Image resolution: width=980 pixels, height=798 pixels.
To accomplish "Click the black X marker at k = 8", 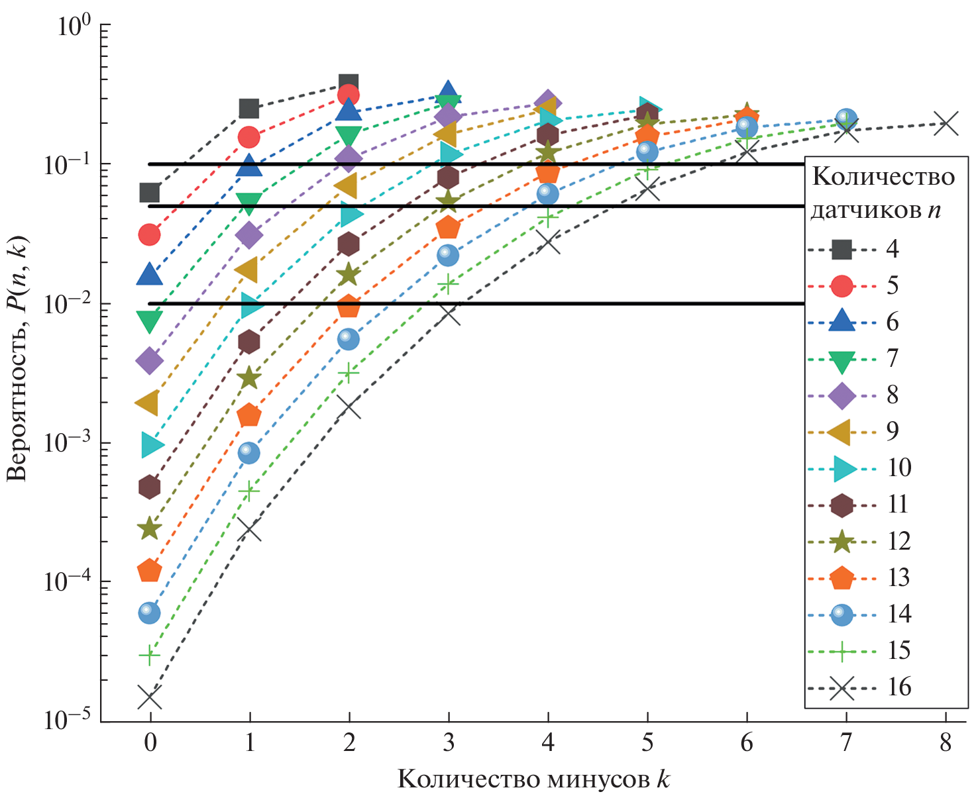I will point(946,123).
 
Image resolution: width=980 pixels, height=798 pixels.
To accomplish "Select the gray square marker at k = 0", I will point(150,193).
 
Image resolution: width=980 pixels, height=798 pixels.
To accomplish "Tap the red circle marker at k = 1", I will point(249,137).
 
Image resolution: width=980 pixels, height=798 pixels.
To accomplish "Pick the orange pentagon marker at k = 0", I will point(150,571).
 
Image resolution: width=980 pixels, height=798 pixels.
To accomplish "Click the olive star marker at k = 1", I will point(249,378).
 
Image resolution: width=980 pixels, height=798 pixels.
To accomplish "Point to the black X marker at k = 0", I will point(150,697).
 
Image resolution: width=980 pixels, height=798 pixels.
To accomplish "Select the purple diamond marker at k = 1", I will point(249,234).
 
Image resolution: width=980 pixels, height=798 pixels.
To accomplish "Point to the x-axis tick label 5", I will point(647,743).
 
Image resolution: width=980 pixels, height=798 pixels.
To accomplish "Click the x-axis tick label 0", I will point(150,743).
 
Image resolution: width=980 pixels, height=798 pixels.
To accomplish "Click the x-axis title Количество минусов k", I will point(533,779).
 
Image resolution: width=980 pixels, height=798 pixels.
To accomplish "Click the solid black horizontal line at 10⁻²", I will point(464,304).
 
